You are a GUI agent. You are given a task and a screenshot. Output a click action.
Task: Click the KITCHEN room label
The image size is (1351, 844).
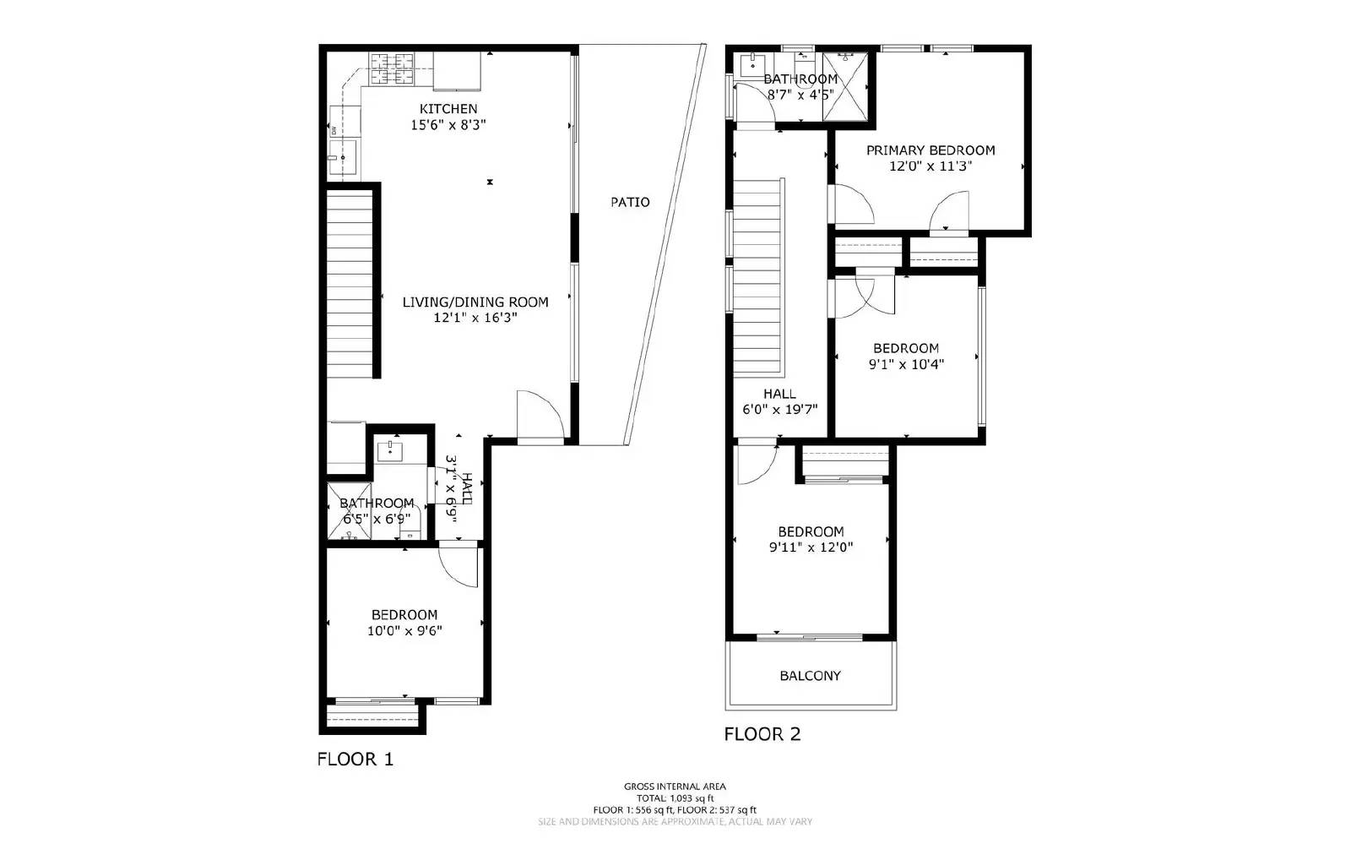[448, 108]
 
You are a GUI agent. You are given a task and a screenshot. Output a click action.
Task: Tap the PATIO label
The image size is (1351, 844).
[630, 202]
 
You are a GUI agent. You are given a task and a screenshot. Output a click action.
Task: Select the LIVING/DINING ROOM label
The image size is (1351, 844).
[475, 302]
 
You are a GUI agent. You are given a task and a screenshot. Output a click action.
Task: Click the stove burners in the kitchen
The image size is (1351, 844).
[393, 69]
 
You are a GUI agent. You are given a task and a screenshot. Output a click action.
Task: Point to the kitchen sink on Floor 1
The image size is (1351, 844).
[344, 157]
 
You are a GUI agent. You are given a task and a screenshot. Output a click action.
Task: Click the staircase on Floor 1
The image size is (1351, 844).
[350, 285]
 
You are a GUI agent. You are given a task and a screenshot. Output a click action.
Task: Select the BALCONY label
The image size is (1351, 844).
[810, 675]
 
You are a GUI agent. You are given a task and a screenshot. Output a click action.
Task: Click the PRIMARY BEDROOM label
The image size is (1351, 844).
[931, 150]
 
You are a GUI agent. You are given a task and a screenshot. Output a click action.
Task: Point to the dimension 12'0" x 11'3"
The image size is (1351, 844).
[931, 166]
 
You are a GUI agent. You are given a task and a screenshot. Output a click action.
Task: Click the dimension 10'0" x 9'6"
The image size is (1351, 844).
[404, 630]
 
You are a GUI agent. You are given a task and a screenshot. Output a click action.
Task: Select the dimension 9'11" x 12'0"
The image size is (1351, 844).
[811, 547]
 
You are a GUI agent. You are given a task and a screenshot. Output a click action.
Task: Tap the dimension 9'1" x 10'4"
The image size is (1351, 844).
[906, 364]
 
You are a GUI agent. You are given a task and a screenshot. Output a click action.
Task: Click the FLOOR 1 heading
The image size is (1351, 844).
[355, 759]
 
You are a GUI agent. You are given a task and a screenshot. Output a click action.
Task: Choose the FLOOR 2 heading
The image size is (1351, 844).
[762, 733]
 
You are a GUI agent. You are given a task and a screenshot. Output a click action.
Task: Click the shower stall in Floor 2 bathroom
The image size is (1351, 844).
[845, 87]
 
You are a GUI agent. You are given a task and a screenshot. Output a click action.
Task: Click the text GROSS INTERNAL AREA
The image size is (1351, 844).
[675, 787]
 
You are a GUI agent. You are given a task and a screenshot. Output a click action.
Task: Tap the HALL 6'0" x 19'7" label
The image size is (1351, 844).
[779, 401]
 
